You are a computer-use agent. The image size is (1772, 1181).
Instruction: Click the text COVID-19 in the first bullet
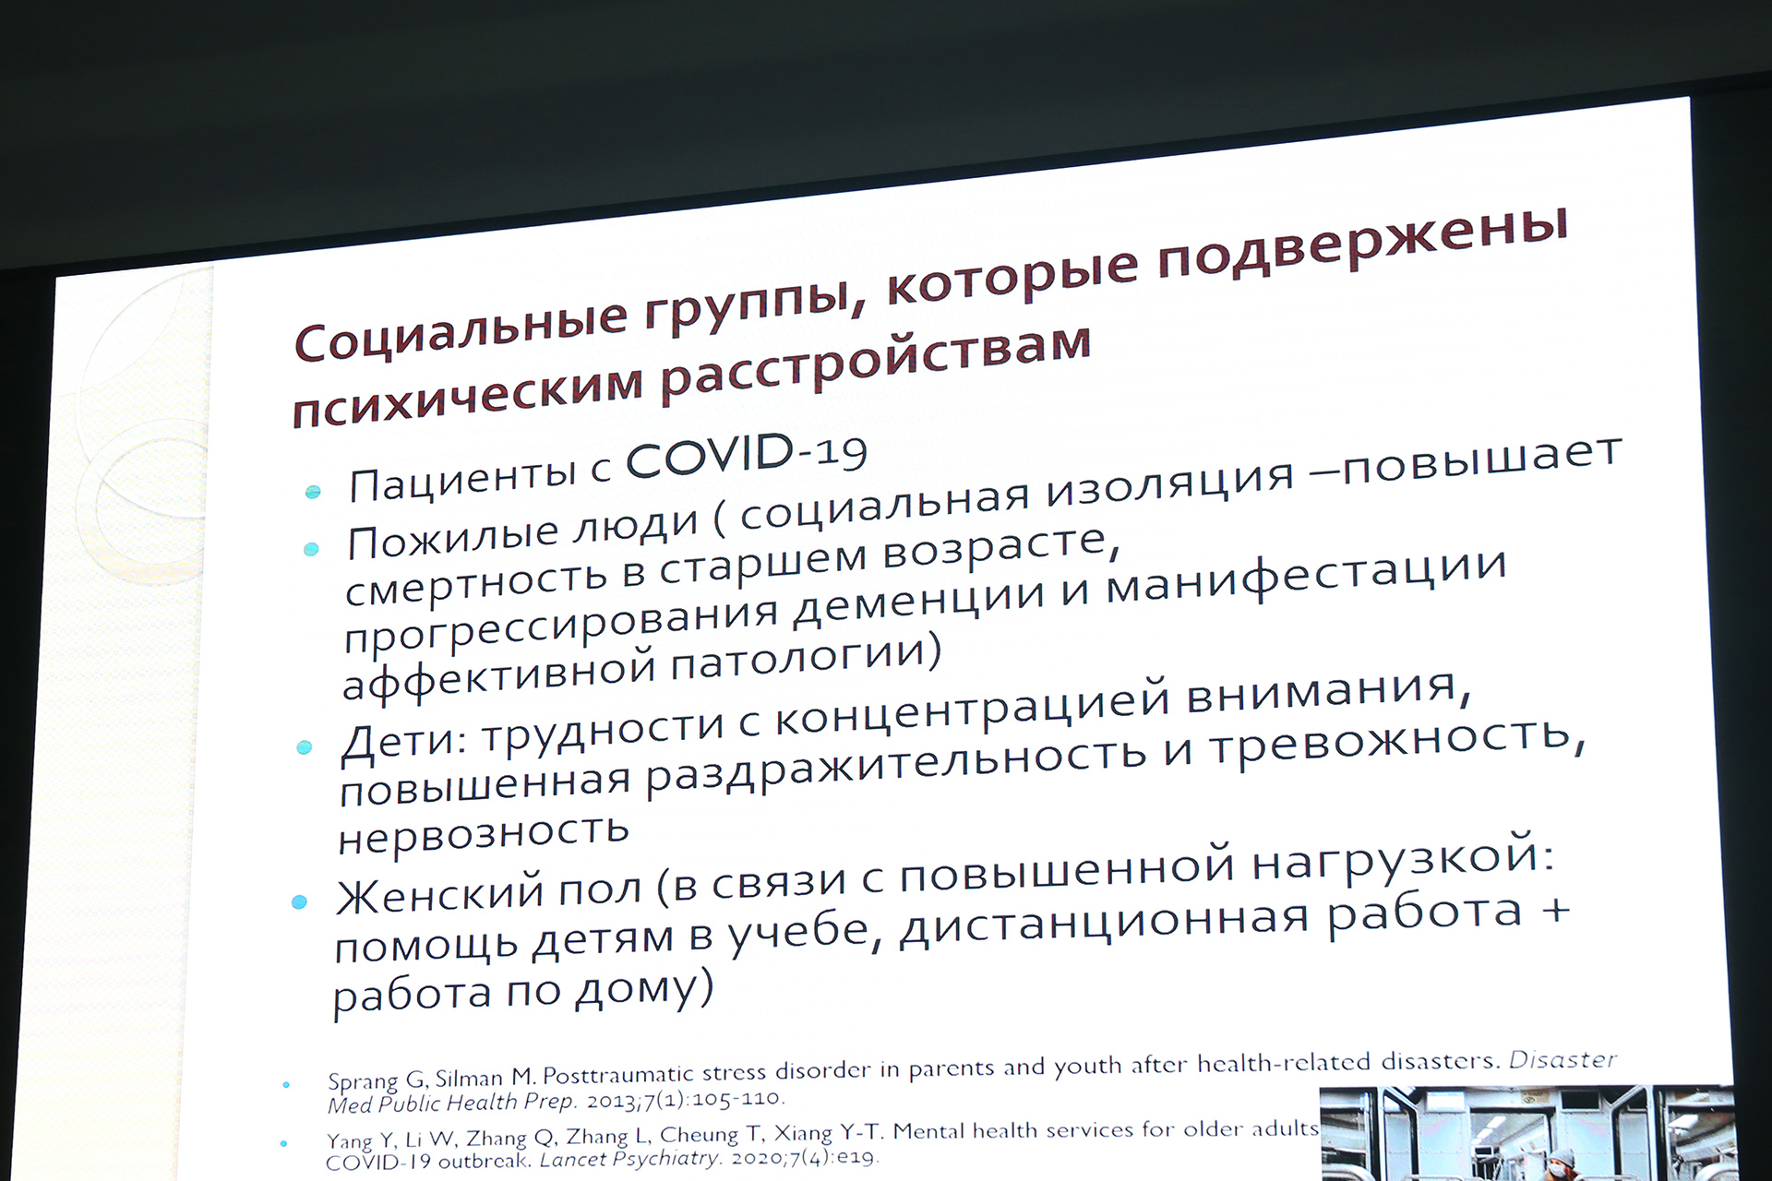tap(747, 456)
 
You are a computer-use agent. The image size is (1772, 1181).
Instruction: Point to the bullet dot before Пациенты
tap(313, 492)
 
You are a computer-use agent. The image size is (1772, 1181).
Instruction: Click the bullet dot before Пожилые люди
tap(311, 550)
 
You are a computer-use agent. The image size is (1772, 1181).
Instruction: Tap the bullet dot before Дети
tap(304, 747)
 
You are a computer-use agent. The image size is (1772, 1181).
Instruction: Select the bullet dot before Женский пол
tap(298, 901)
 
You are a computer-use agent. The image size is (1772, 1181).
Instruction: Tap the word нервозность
tap(484, 835)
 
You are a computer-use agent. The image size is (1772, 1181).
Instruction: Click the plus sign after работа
tap(1555, 911)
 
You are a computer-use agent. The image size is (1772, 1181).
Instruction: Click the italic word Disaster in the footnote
tap(1563, 1060)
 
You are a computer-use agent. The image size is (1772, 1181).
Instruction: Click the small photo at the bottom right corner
tap(1527, 1133)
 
